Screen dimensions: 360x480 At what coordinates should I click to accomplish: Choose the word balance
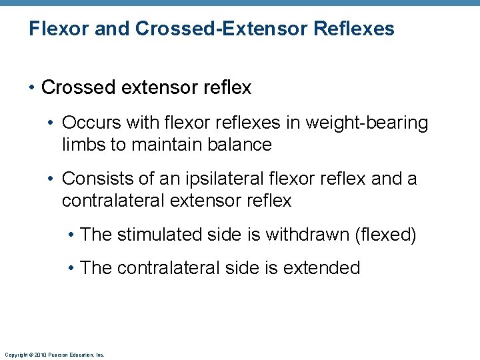pyautogui.click(x=239, y=145)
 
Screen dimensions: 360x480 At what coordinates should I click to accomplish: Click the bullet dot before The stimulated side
pyautogui.click(x=71, y=235)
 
